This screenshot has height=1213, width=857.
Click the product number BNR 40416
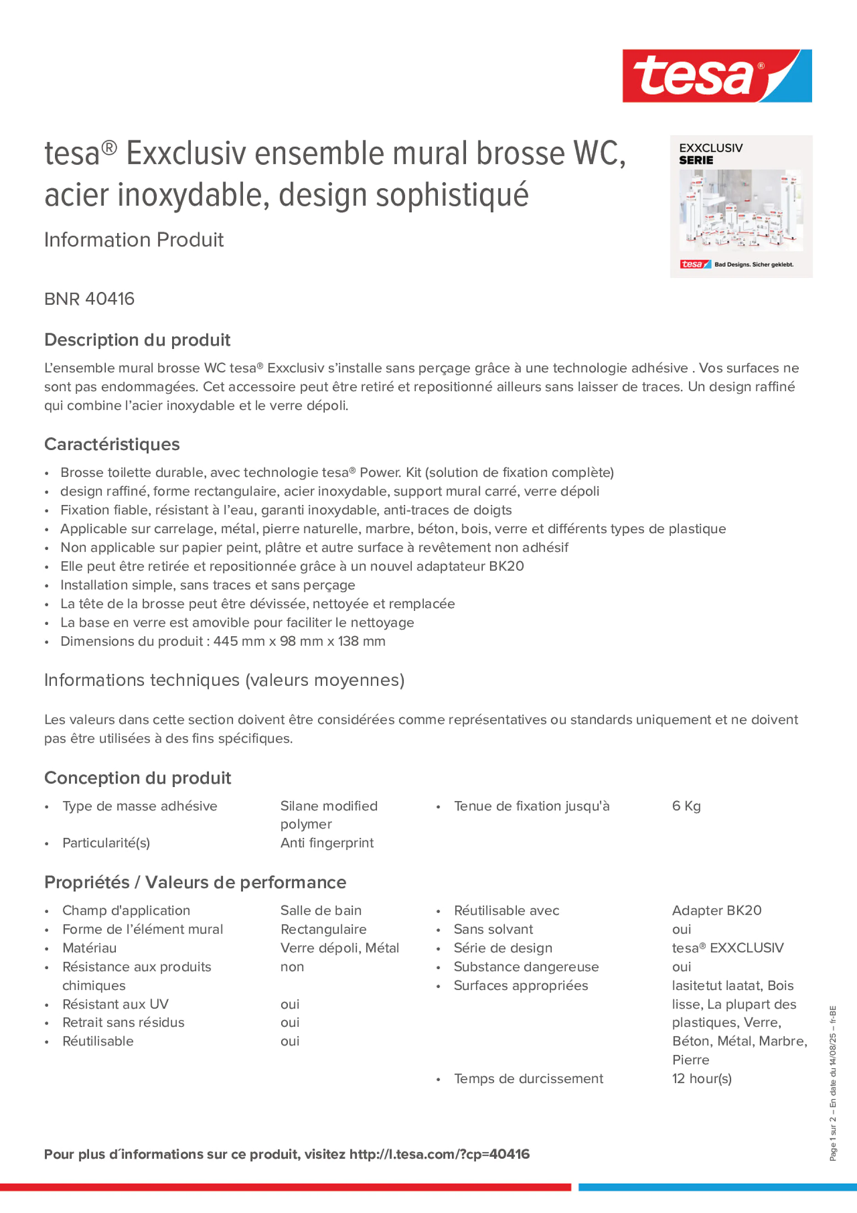[89, 299]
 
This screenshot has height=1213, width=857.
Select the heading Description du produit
[137, 340]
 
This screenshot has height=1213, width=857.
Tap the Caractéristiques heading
[112, 444]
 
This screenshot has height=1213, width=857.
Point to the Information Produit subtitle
[134, 240]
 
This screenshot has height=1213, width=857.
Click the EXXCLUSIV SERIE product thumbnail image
[741, 207]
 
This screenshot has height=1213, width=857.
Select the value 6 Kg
[686, 806]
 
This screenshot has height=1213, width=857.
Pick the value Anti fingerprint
[327, 843]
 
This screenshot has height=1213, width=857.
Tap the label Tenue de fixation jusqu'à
[531, 806]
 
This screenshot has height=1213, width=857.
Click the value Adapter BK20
[717, 911]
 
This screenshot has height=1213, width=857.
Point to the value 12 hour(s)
[702, 1079]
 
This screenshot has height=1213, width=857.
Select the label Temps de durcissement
[528, 1079]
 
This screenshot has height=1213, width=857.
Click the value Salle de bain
[321, 911]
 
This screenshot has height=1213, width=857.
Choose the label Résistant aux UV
[115, 1004]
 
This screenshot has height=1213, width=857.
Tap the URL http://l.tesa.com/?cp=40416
[439, 1154]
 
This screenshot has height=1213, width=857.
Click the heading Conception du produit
[137, 778]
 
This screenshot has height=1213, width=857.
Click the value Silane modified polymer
[329, 815]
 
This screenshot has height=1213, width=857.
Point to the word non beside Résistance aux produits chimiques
[292, 967]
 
